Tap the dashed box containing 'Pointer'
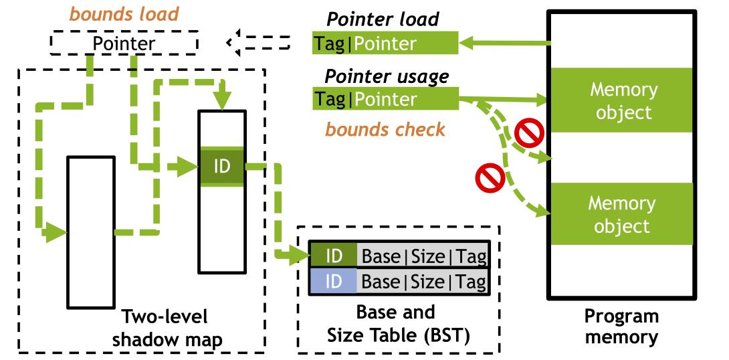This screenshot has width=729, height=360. tap(124, 44)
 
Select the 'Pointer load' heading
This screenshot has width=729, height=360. tap(382, 19)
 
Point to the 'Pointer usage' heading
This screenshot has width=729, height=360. tap(387, 76)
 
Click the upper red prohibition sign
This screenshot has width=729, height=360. tap(527, 133)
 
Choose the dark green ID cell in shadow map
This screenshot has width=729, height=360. tap(221, 166)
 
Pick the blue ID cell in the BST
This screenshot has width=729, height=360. tap(333, 282)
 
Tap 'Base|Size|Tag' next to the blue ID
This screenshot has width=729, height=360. tap(423, 282)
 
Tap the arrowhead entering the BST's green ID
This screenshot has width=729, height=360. tap(301, 255)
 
